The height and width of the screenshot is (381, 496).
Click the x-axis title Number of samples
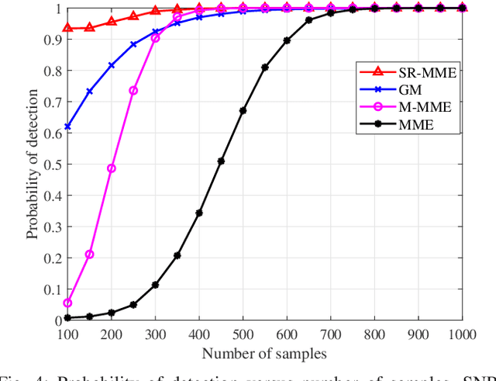265,353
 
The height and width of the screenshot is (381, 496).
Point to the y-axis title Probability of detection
33,165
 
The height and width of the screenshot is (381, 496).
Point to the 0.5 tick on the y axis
51,164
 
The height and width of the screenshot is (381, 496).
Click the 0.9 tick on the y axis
51,39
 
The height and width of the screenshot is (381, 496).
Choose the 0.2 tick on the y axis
51,258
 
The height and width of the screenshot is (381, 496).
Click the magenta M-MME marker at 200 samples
112,168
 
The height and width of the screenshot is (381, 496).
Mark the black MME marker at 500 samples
243,110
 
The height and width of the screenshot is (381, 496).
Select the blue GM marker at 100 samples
67,126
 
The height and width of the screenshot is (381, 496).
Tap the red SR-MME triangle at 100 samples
67,28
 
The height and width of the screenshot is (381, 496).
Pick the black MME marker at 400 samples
199,213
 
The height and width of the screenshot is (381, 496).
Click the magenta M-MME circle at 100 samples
67,303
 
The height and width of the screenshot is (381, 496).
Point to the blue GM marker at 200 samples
112,65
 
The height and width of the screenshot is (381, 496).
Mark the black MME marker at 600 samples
287,40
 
